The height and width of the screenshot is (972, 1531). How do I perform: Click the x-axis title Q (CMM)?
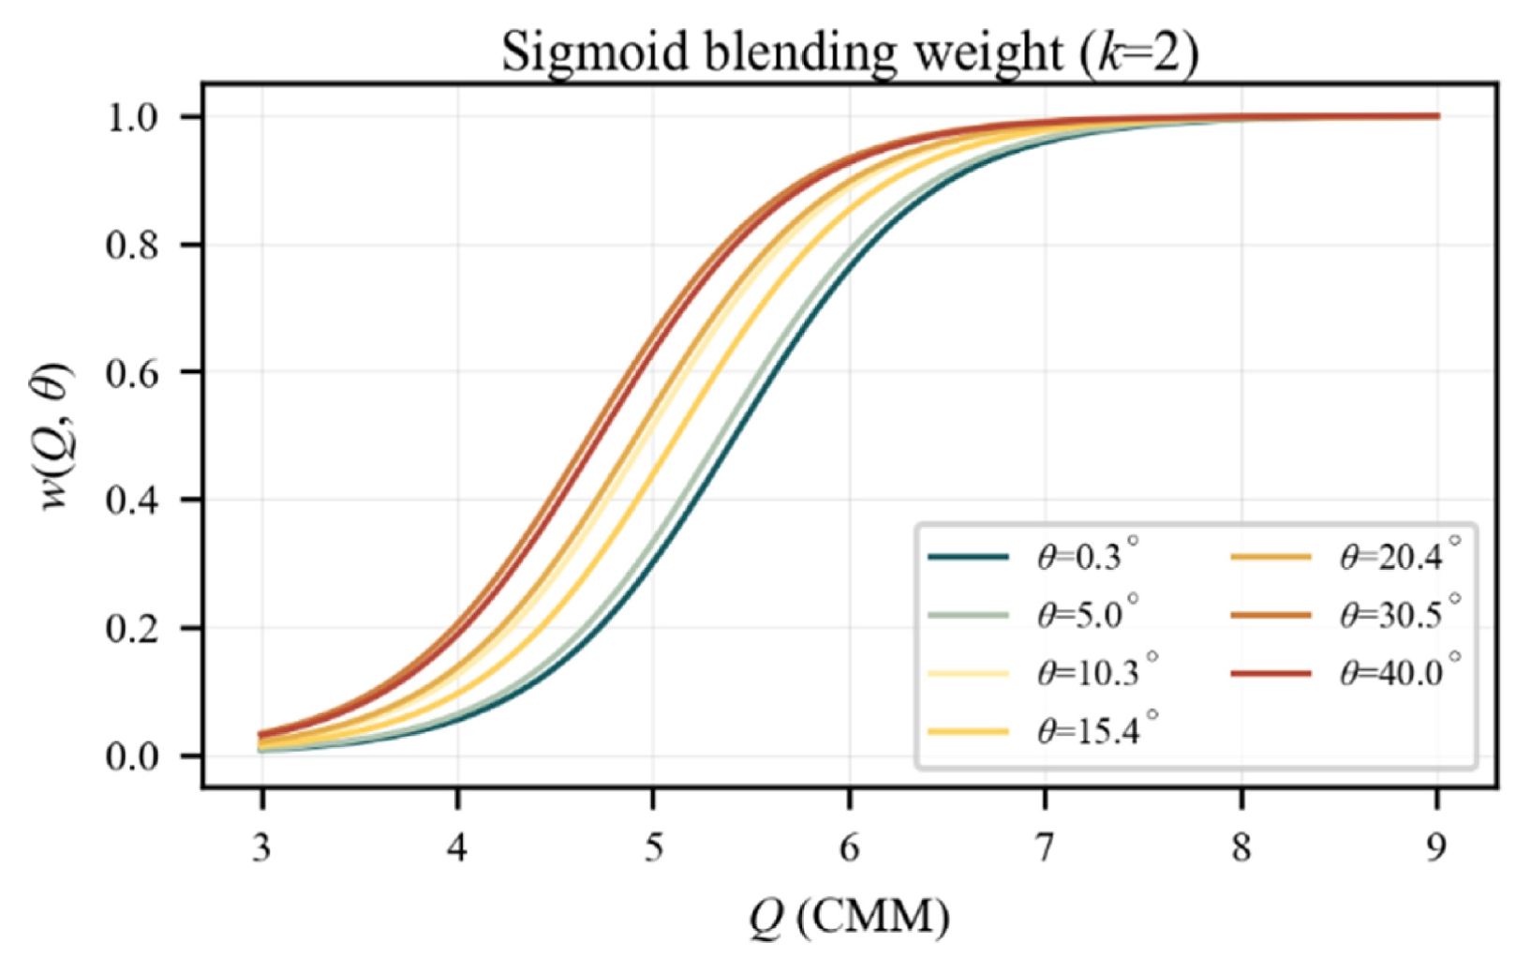pyautogui.click(x=850, y=918)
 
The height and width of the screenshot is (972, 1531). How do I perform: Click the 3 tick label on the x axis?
pyautogui.click(x=261, y=848)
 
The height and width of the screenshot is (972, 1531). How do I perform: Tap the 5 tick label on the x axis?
pyautogui.click(x=654, y=848)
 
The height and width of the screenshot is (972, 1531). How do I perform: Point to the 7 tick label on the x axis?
pyautogui.click(x=1045, y=848)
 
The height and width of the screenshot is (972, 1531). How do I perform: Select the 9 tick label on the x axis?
pyautogui.click(x=1436, y=848)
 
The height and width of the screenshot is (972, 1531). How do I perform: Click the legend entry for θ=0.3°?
pyautogui.click(x=1033, y=557)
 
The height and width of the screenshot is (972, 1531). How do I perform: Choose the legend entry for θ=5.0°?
pyautogui.click(x=1033, y=615)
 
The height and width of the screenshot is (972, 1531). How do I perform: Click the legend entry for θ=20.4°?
pyautogui.click(x=1345, y=557)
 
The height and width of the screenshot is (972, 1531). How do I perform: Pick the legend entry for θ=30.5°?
pyautogui.click(x=1345, y=615)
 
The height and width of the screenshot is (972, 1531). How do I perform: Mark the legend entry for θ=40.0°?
pyautogui.click(x=1345, y=673)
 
